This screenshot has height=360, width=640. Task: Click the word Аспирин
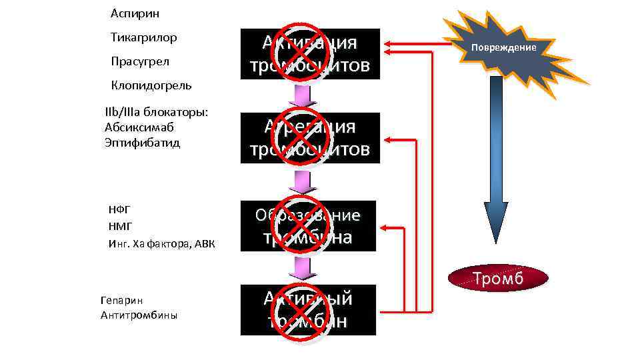(x=135, y=13)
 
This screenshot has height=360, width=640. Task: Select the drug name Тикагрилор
(x=144, y=37)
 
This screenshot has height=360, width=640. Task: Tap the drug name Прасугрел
(x=140, y=61)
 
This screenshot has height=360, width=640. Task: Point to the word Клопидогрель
(x=151, y=85)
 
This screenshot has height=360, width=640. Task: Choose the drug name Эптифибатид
(x=142, y=143)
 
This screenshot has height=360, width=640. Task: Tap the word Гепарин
(x=121, y=301)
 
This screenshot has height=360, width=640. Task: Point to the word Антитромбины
(x=139, y=315)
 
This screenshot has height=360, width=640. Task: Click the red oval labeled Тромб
(x=498, y=278)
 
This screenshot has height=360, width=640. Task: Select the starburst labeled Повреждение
(x=504, y=49)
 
